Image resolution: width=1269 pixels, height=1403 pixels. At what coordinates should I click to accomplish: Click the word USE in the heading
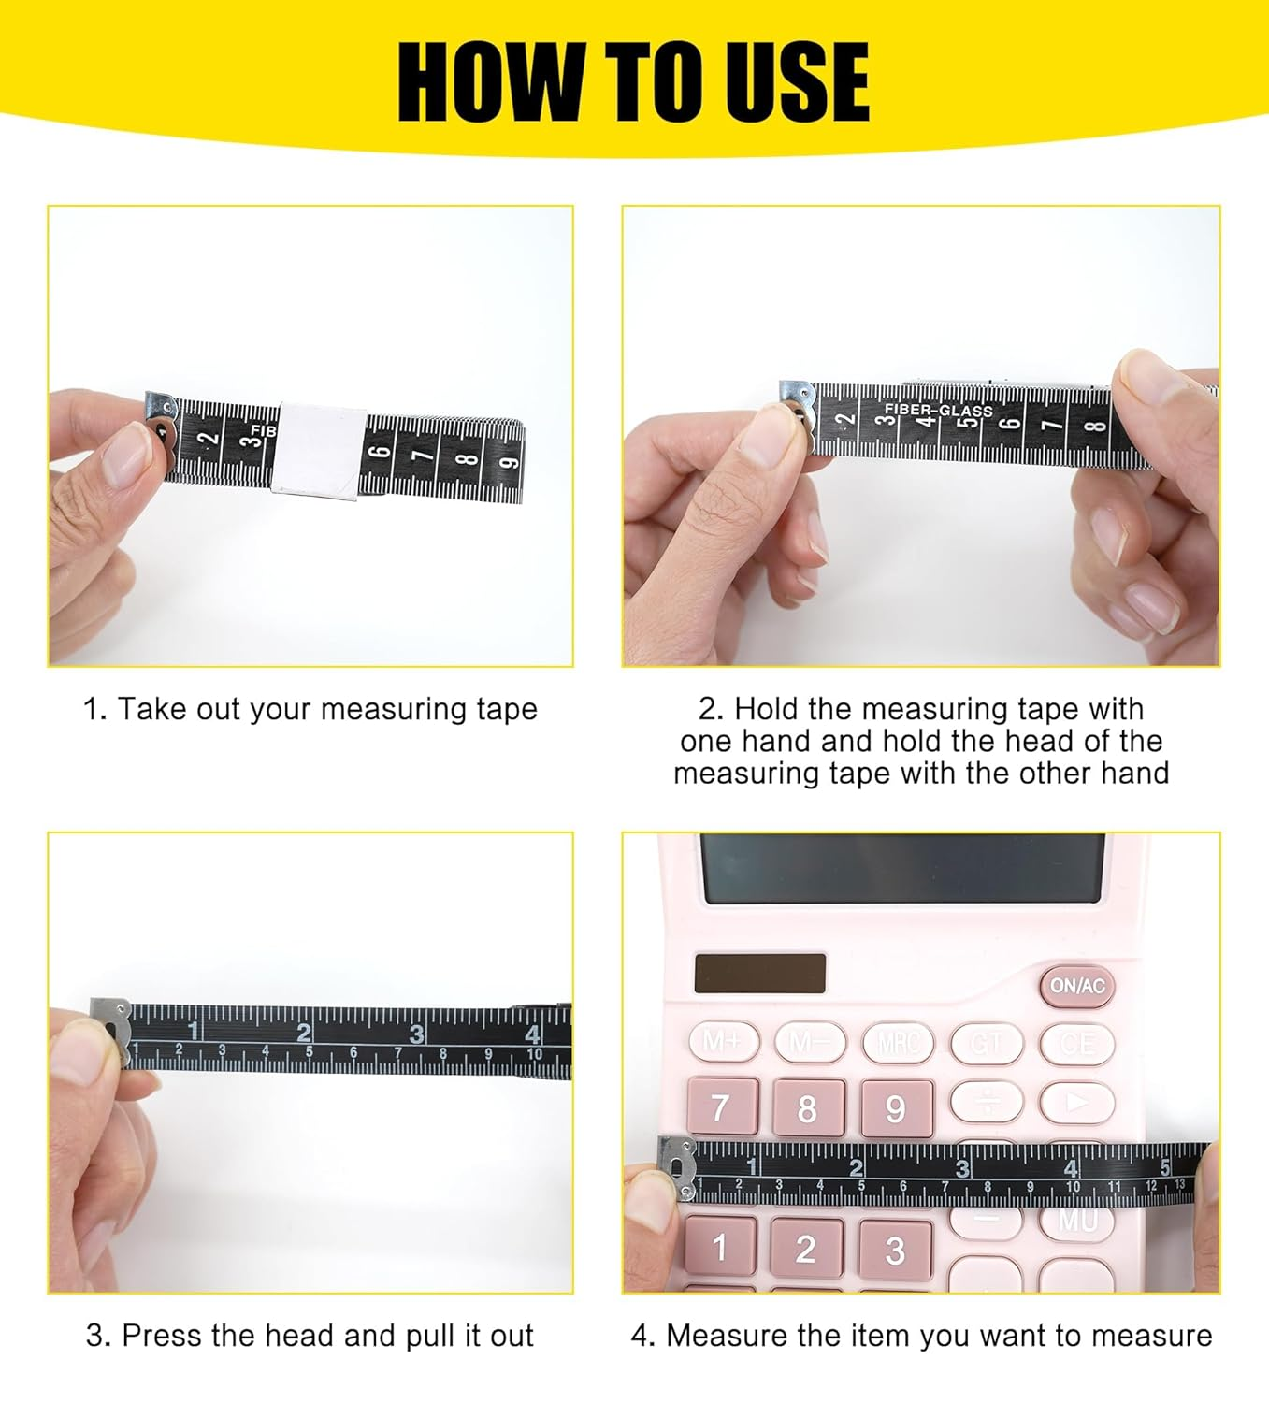pos(797,82)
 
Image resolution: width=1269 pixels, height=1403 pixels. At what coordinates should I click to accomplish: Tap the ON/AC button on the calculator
pos(1077,986)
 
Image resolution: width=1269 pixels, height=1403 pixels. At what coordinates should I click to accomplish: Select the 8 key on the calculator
pos(807,1108)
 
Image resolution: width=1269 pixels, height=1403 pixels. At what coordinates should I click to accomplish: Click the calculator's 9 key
pos(895,1108)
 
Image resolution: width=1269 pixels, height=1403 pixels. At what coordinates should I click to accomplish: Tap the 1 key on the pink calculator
pos(719,1248)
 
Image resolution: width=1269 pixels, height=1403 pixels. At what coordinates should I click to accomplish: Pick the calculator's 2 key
pos(806,1248)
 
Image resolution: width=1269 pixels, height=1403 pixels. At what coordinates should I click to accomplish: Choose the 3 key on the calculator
pos(895,1250)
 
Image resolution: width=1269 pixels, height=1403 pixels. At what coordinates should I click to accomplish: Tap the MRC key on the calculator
pos(898,1042)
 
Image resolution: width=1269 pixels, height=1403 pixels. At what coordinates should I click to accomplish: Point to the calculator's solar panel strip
pos(759,974)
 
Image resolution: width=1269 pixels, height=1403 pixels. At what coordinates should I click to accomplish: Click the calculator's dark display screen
pos(902,869)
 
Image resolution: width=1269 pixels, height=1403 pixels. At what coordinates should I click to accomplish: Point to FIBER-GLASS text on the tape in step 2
pos(938,410)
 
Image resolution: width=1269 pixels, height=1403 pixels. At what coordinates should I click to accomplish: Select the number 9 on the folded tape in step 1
pos(509,462)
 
